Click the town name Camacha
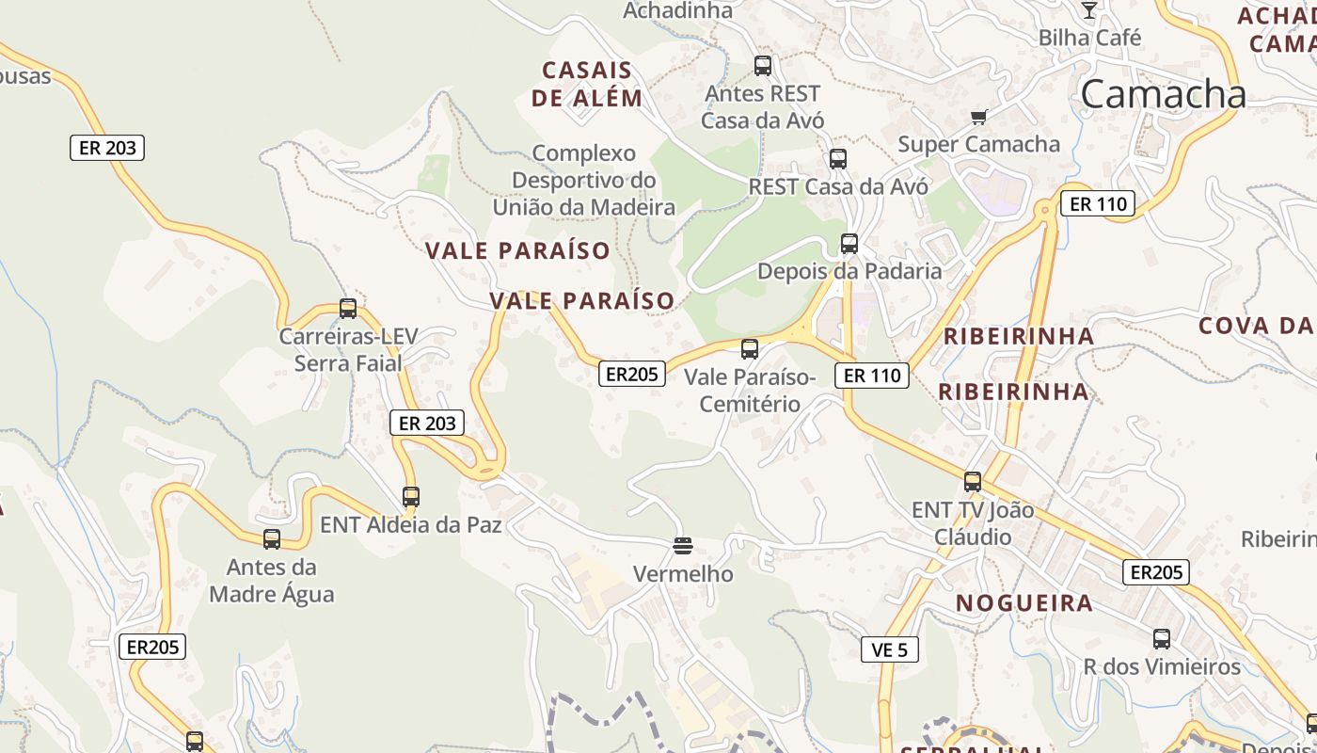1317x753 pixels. [1164, 94]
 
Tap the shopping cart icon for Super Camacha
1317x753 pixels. [978, 118]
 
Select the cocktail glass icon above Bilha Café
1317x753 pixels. [1088, 10]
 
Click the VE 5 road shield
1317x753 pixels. [889, 649]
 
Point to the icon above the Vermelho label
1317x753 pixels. [683, 545]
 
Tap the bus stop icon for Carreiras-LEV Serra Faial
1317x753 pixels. [348, 308]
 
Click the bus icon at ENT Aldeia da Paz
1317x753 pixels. [411, 496]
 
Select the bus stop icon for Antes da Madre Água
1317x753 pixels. [272, 539]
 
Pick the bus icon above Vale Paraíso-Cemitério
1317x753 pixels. [750, 349]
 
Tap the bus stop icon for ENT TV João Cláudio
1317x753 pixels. [973, 482]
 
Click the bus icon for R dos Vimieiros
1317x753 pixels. [1162, 639]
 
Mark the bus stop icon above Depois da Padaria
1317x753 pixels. [849, 244]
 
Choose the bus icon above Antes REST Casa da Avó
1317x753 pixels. [763, 66]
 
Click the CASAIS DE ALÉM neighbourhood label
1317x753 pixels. [587, 84]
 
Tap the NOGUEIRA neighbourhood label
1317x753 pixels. [1024, 603]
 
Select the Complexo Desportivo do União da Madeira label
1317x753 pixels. [584, 180]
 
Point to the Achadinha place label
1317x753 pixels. [677, 11]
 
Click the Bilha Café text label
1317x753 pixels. [1089, 39]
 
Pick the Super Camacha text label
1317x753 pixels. [978, 144]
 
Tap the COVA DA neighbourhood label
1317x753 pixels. [1256, 326]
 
